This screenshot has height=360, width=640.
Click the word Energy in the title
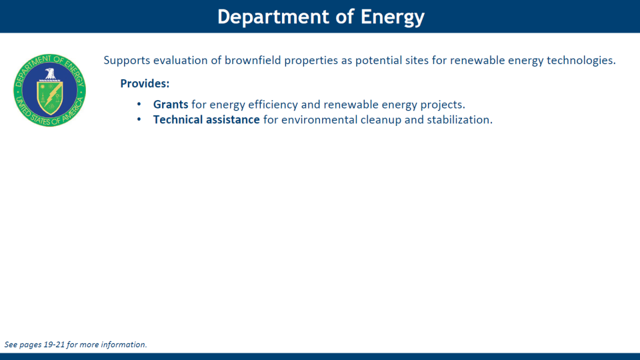(392, 17)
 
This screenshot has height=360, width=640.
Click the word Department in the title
(273, 17)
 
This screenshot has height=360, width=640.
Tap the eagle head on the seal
(50, 73)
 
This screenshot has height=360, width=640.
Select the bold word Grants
(171, 105)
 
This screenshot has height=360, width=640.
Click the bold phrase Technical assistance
(207, 119)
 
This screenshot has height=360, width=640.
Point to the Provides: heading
(145, 84)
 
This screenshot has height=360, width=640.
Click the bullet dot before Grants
(139, 105)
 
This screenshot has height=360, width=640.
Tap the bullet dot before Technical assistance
(139, 119)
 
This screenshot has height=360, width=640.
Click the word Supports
(127, 61)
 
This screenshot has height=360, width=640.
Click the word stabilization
(459, 119)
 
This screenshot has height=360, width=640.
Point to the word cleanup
(381, 120)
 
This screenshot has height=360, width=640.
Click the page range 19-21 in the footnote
(54, 345)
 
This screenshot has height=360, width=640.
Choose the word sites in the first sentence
(417, 61)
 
